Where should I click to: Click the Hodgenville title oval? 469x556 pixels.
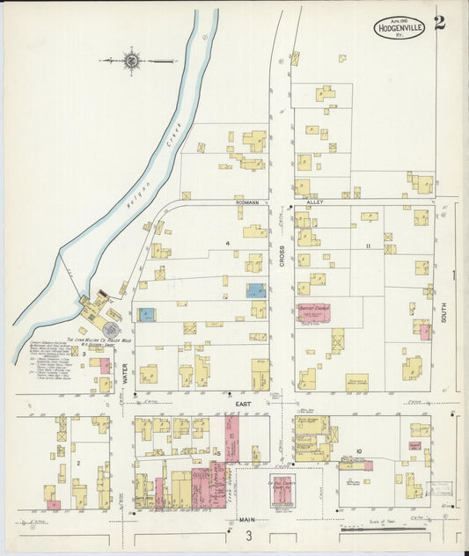pos(400,27)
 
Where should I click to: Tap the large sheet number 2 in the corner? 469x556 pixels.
pos(439,23)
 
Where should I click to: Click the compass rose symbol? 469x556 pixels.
pos(132,61)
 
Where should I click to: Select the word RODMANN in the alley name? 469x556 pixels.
pos(247,201)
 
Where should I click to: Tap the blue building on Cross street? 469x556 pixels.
pos(255,289)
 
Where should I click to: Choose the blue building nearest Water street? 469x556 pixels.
pos(146,314)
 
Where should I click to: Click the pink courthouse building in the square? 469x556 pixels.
pos(282,492)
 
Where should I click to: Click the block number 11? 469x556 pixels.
pos(370,245)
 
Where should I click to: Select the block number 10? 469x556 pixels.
pos(360,451)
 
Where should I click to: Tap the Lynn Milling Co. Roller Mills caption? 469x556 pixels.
pos(89,339)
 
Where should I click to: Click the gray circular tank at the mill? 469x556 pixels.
pos(111,327)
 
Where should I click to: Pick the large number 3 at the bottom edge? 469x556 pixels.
pos(249,536)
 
